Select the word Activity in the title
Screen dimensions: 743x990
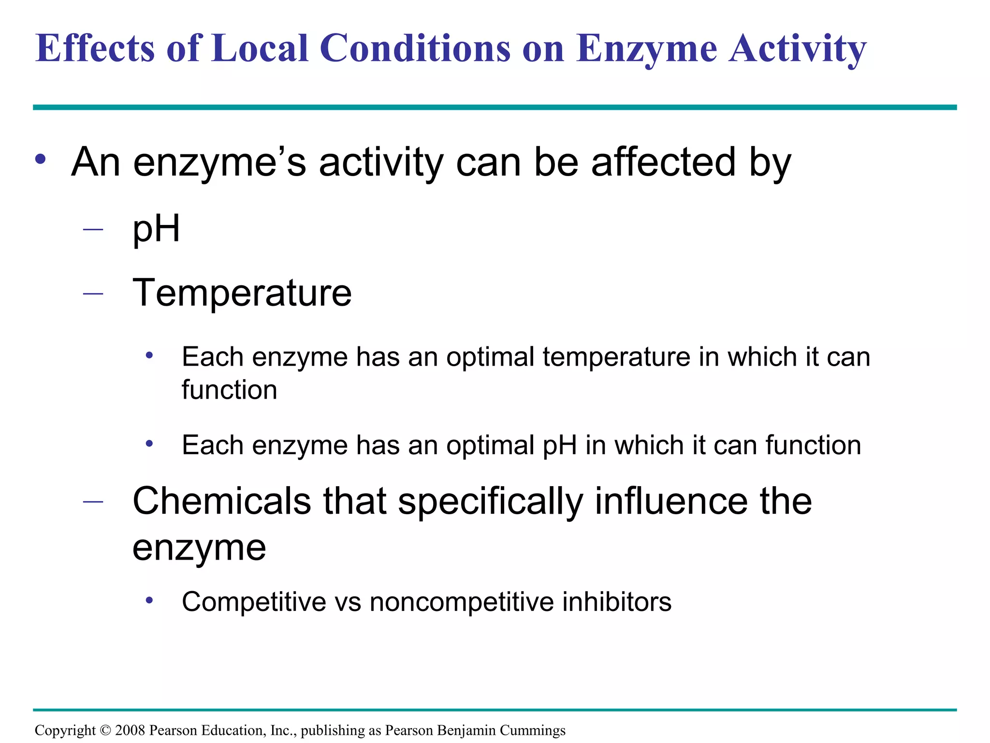[798, 49]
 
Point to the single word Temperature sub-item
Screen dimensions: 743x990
[242, 293]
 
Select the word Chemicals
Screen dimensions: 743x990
[222, 501]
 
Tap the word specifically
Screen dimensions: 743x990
[490, 502]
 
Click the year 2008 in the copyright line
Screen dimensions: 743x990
[130, 730]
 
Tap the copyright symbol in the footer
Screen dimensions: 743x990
[105, 730]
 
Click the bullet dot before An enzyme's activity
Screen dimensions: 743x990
[41, 160]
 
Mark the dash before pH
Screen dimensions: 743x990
[93, 229]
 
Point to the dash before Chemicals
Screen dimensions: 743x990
[93, 502]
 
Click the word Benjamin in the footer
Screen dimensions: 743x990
[466, 730]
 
